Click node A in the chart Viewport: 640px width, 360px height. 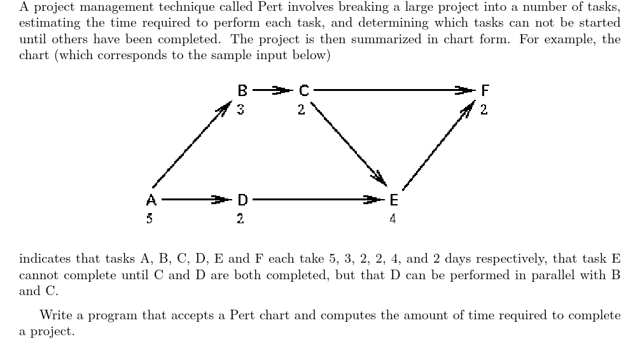(x=151, y=200)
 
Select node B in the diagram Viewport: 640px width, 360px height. (x=242, y=91)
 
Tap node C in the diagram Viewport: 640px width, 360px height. (x=303, y=91)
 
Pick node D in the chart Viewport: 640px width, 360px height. (x=242, y=200)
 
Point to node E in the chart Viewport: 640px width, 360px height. (x=393, y=200)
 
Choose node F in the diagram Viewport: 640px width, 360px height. (x=485, y=91)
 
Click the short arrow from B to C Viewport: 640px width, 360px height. (x=272, y=91)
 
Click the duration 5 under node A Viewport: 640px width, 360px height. (x=151, y=219)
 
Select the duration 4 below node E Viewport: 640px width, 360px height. (x=393, y=219)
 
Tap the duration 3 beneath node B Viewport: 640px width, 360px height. (x=240, y=109)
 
